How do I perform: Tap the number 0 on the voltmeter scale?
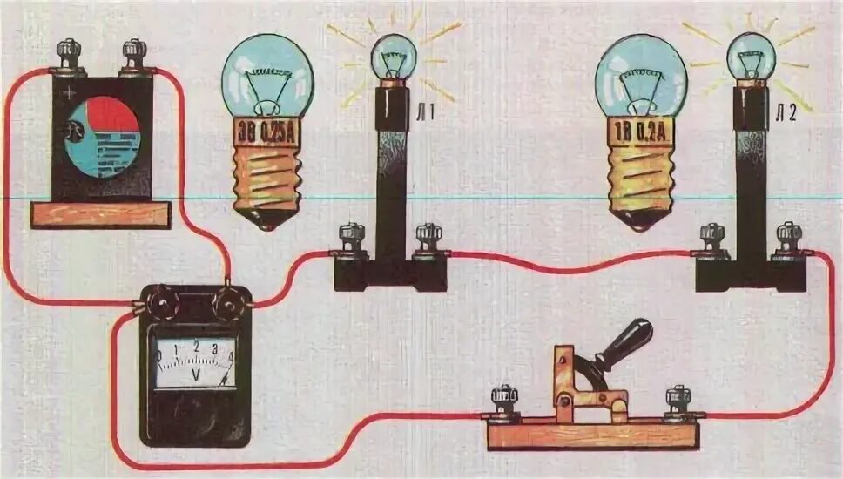tap(158, 356)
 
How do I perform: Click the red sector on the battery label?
tap(111, 114)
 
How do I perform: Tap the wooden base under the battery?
tap(100, 214)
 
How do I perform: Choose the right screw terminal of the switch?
tap(678, 401)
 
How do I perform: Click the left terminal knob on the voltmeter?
tap(162, 306)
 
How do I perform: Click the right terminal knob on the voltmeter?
tap(229, 305)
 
